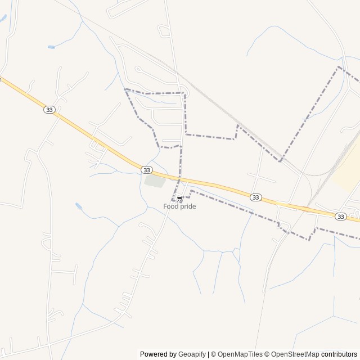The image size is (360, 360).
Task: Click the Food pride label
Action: tap(179, 206)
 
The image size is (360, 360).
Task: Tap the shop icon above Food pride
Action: tap(179, 199)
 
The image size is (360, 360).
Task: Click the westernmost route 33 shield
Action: tap(49, 110)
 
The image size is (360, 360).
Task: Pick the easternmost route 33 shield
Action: tap(340, 216)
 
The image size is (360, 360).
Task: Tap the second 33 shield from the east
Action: tap(256, 197)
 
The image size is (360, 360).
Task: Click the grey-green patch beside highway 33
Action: tap(155, 181)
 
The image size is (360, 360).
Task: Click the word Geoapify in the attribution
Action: tap(192, 354)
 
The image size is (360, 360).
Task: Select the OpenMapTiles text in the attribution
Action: tap(240, 354)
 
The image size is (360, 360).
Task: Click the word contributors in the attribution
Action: tap(339, 354)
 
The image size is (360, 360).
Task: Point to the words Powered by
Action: tap(158, 354)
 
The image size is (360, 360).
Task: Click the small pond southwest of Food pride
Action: tap(79, 206)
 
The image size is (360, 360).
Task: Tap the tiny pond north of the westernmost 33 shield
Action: tap(51, 47)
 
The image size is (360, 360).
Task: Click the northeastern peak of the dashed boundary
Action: tap(339, 67)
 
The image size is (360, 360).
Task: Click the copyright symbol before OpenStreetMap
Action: tap(267, 354)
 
